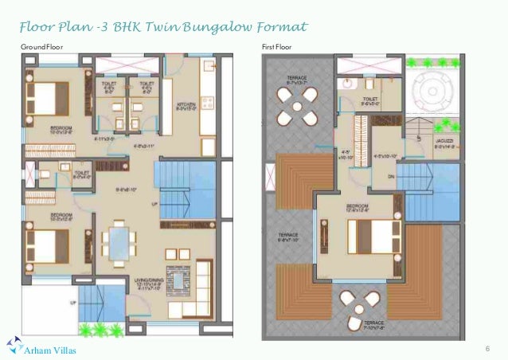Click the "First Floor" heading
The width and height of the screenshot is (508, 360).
point(277,48)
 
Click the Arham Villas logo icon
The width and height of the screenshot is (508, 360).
point(13,344)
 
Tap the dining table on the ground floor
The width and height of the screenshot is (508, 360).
point(119,242)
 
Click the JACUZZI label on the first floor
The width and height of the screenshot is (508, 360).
point(445,143)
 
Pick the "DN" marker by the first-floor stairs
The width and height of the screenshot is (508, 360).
point(390,178)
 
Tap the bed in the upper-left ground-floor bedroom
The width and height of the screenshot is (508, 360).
point(45,98)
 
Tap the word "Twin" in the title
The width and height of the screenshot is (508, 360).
point(166,29)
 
